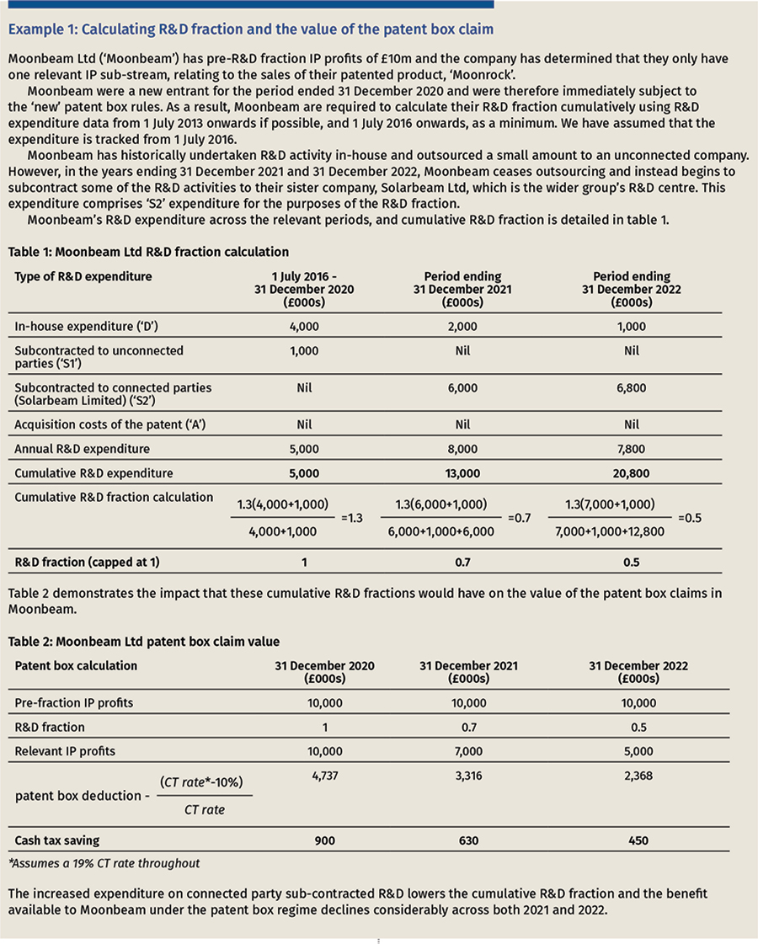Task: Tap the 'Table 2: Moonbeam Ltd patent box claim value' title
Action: point(138,641)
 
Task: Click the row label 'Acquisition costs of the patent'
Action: point(111,424)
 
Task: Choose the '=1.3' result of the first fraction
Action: point(352,519)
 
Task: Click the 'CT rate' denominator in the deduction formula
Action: point(205,810)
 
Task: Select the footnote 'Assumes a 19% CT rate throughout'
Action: point(108,863)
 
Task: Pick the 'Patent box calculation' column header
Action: point(76,665)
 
